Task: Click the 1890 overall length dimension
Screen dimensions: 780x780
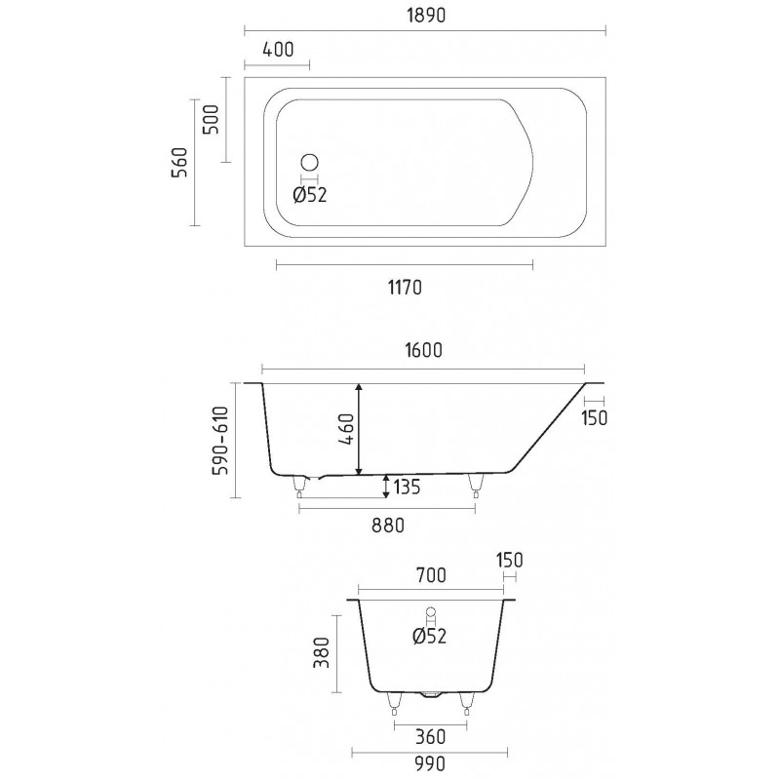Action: (x=426, y=16)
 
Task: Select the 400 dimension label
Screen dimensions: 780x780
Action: (x=278, y=50)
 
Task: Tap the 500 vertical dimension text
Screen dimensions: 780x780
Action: (x=213, y=119)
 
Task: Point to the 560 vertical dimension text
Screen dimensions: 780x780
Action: (x=180, y=162)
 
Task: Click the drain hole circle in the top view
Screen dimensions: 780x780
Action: (x=309, y=163)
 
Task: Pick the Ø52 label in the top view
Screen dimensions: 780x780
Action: (x=310, y=195)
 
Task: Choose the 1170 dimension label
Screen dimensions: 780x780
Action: (x=405, y=288)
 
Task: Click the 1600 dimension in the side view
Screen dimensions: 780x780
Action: (x=423, y=350)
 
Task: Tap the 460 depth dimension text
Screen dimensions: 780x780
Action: (x=347, y=429)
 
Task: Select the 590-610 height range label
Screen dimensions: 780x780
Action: (x=220, y=441)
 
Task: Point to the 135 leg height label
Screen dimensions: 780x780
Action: (x=407, y=487)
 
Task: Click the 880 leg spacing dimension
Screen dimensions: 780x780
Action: (x=388, y=526)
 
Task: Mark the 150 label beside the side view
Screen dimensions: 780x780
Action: (x=595, y=418)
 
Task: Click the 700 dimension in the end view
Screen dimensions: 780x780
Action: (x=431, y=575)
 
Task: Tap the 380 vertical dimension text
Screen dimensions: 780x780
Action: (x=323, y=652)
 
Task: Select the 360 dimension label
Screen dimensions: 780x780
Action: (x=430, y=737)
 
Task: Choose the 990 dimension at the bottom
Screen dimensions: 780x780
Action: (x=430, y=762)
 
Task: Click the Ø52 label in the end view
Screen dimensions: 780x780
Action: (x=429, y=636)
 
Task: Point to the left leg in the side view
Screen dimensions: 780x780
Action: (x=299, y=486)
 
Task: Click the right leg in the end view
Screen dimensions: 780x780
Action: (x=466, y=703)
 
